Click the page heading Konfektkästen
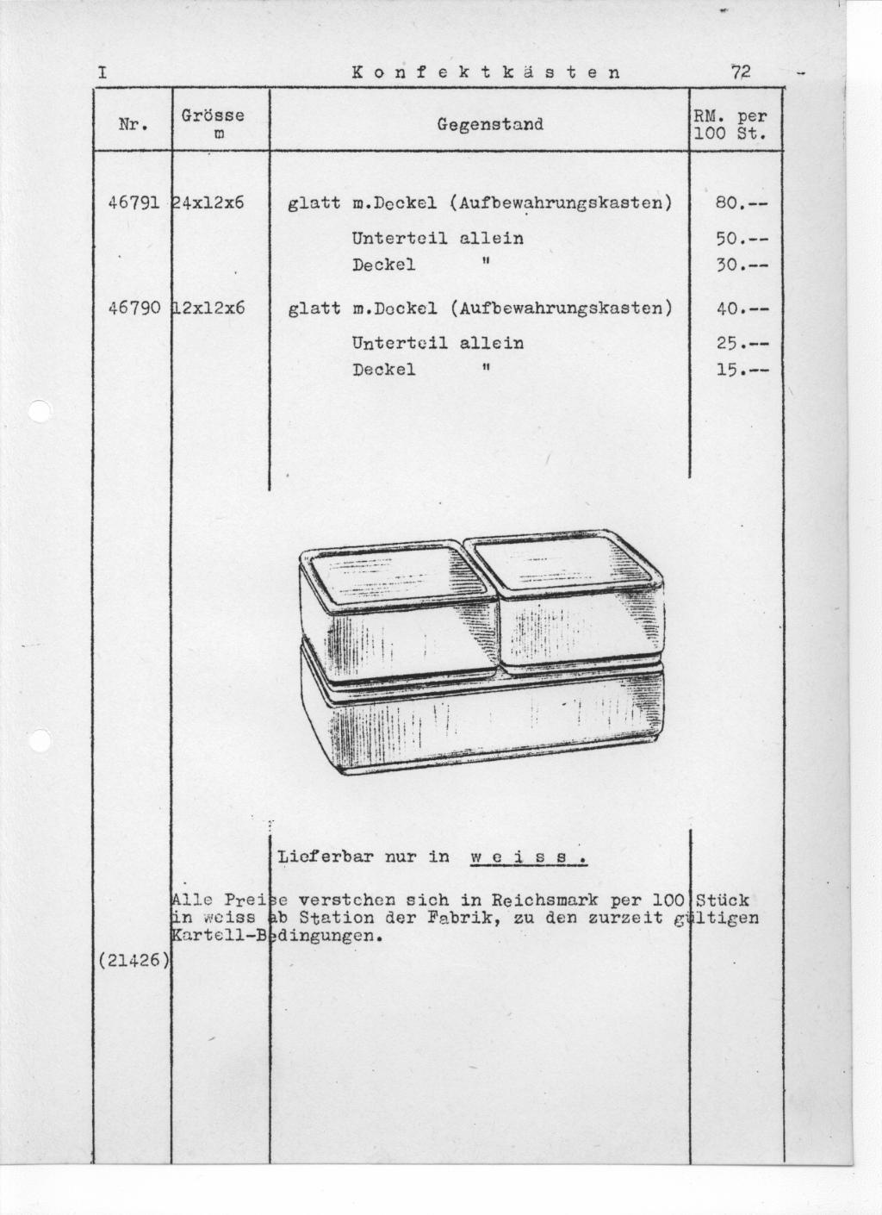point(486,72)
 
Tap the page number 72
point(740,72)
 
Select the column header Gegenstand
point(490,124)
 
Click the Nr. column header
point(132,124)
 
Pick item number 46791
point(133,203)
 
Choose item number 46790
point(133,308)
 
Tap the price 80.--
point(741,204)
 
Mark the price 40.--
point(741,308)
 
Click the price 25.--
point(741,343)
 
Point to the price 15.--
point(741,371)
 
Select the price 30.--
point(741,265)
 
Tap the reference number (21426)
point(133,961)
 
